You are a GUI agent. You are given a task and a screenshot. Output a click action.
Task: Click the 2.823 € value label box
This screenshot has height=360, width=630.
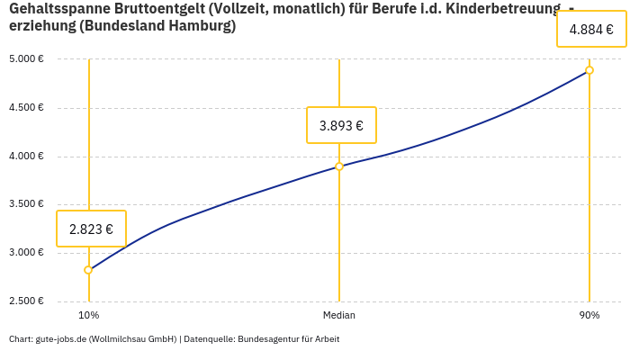tap(91, 229)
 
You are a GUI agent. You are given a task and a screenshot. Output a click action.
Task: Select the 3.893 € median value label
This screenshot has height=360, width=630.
tap(341, 125)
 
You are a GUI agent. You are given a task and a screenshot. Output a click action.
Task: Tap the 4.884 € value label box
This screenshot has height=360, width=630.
tap(591, 29)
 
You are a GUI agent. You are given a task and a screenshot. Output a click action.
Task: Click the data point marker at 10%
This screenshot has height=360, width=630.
tap(88, 270)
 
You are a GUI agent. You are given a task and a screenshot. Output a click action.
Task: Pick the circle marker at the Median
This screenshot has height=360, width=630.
tap(339, 166)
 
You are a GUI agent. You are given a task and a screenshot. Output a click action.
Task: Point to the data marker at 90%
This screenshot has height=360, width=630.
tap(589, 70)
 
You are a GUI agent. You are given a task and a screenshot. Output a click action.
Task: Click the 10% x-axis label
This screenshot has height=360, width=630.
tap(88, 315)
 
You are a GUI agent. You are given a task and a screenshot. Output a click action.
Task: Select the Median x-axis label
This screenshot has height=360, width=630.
tap(339, 315)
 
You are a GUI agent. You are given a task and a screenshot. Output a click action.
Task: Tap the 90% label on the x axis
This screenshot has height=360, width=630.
tap(589, 315)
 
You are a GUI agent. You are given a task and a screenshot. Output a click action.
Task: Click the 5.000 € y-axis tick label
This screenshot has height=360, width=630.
tap(26, 59)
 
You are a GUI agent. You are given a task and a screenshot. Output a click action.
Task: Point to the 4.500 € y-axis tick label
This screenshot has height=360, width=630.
tap(26, 108)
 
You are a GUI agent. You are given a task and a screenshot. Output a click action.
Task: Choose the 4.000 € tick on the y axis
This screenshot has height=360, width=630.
tap(26, 157)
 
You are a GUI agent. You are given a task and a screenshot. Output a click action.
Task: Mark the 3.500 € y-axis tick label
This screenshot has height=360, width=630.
tap(26, 204)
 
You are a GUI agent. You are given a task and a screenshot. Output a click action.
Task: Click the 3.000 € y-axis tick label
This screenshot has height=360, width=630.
tap(26, 253)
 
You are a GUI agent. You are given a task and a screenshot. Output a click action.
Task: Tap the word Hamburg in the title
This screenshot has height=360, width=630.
tap(205, 26)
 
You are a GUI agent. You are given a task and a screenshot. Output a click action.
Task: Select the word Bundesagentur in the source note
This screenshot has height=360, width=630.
tap(267, 339)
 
